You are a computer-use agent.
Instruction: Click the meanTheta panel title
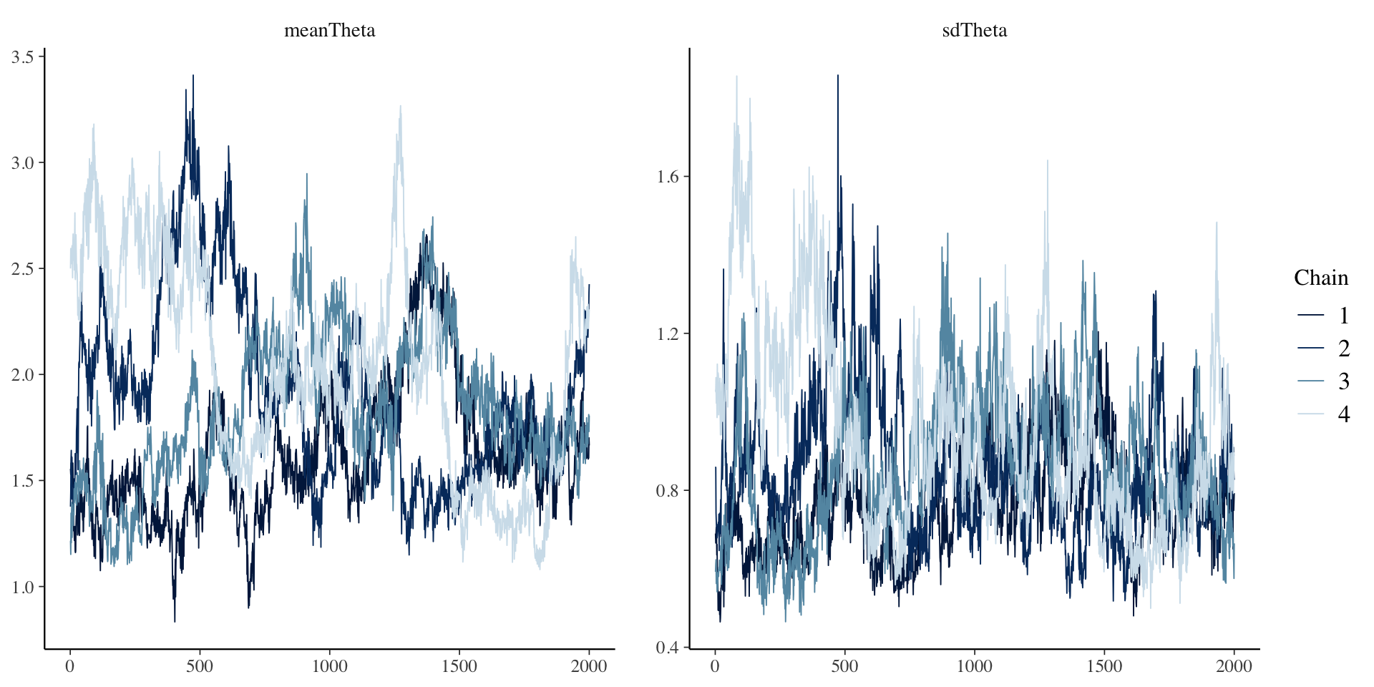click(329, 30)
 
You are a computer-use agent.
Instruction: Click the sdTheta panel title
click(974, 30)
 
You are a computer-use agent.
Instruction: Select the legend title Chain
click(1320, 278)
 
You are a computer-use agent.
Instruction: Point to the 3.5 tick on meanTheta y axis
click(23, 57)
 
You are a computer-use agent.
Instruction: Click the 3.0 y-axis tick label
click(23, 162)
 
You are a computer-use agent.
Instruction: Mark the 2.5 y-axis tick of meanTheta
click(23, 268)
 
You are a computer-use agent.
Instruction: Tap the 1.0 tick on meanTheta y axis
click(23, 587)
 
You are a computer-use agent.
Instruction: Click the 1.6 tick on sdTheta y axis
click(668, 176)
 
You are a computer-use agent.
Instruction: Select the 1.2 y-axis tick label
click(668, 333)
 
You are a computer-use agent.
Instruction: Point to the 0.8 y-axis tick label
click(668, 490)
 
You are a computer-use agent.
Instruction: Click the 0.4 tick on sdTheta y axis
click(668, 648)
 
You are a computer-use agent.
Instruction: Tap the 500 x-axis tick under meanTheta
click(200, 666)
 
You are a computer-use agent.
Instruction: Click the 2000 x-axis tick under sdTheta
click(1234, 666)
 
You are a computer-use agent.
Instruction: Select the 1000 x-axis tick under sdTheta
click(974, 666)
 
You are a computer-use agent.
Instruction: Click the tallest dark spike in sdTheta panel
click(837, 76)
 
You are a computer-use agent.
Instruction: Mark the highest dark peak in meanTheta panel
click(193, 76)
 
